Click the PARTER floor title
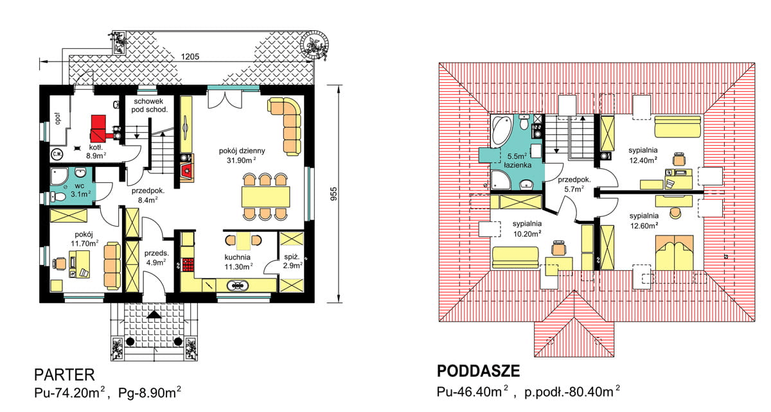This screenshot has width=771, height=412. click(x=64, y=374)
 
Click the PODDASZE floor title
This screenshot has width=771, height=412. click(x=478, y=372)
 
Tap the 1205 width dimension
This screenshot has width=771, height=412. click(x=190, y=56)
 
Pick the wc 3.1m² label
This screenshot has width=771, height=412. click(x=80, y=189)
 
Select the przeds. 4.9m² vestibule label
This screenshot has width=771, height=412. click(x=156, y=257)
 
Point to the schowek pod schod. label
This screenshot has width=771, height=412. click(x=150, y=105)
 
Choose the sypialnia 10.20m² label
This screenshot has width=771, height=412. click(x=526, y=229)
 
